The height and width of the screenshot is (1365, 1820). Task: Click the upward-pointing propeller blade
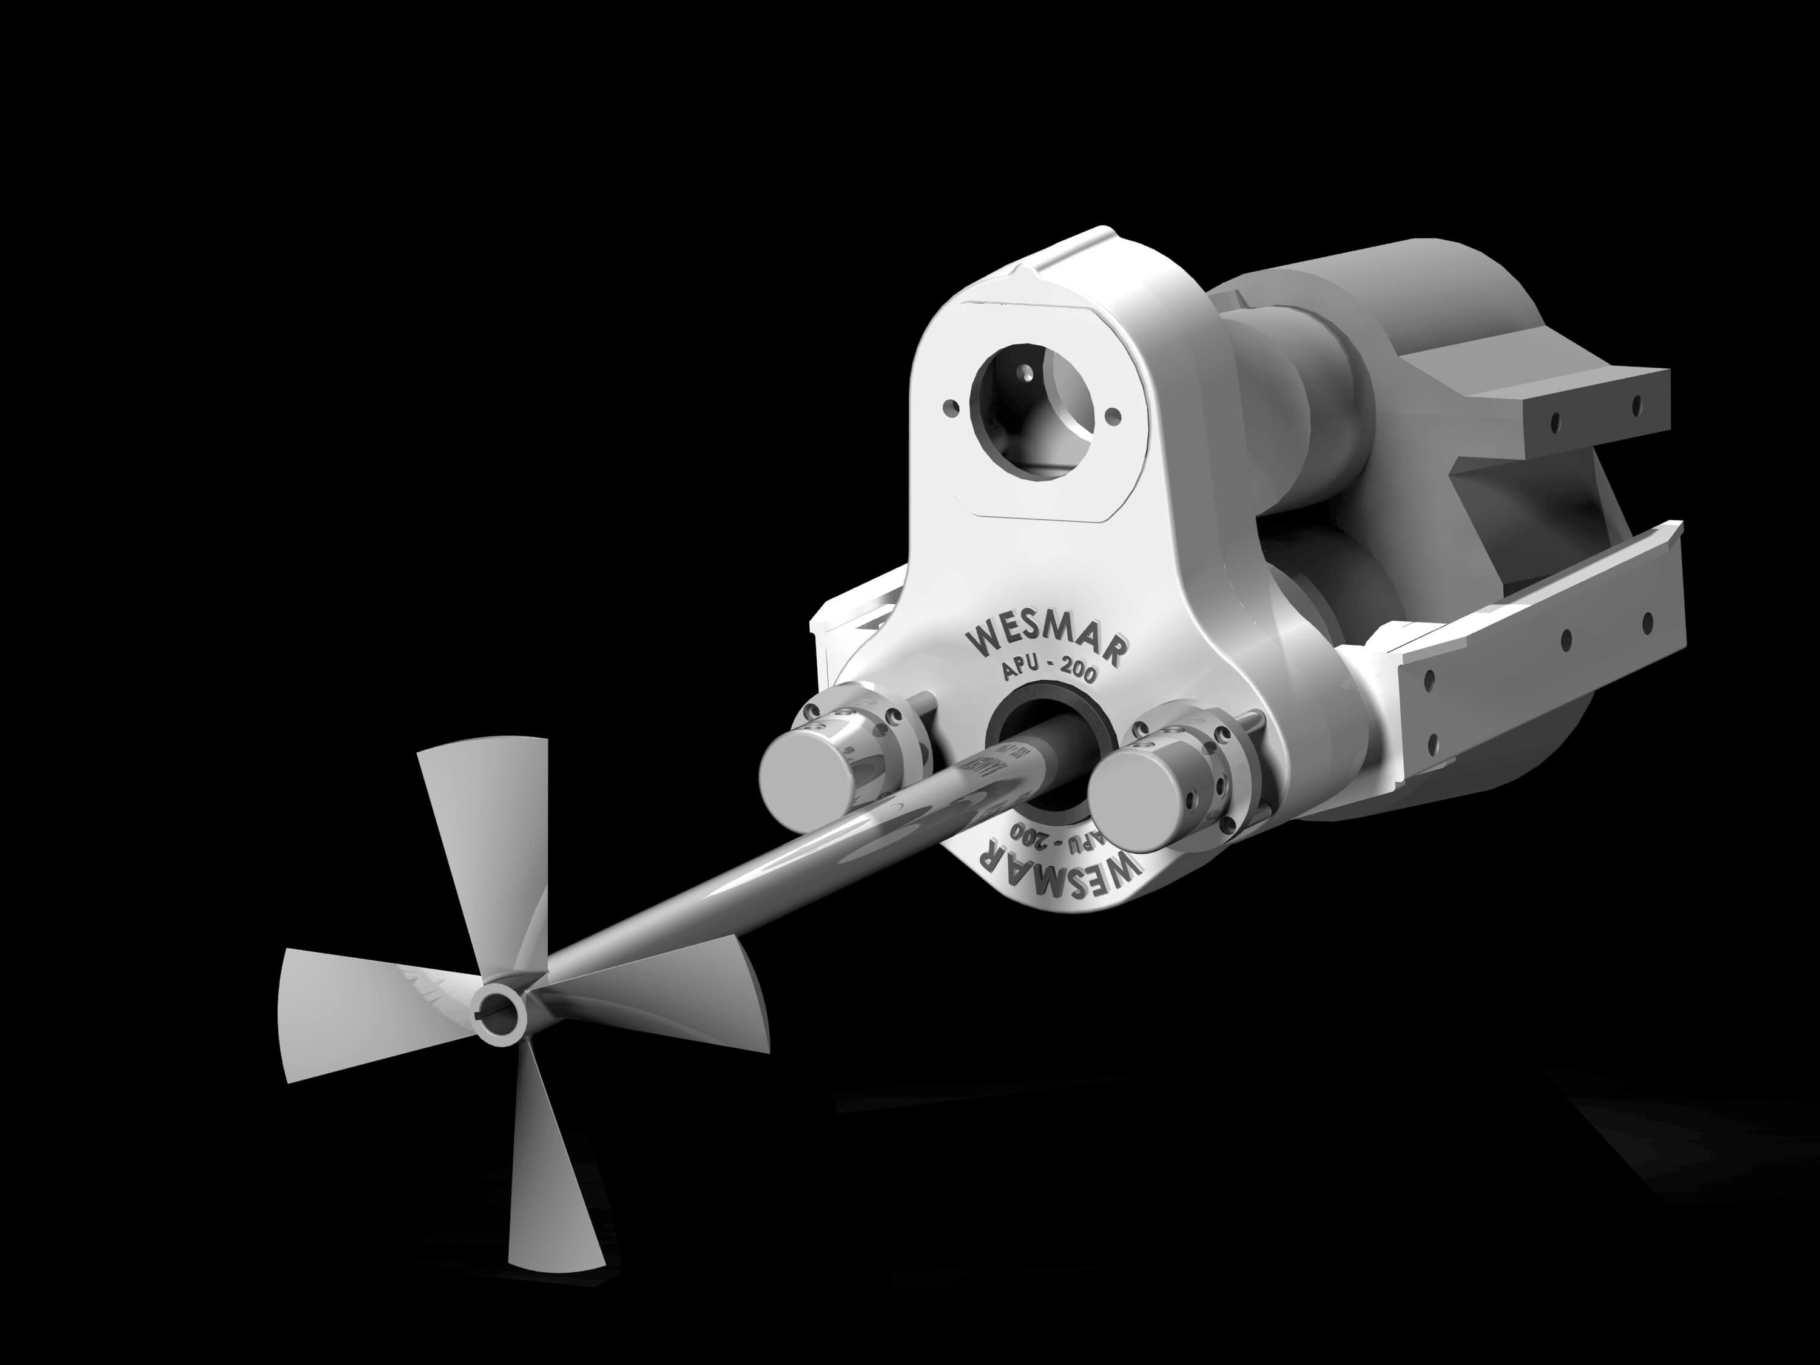point(485,831)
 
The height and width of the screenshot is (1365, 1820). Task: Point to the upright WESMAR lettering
point(1045,639)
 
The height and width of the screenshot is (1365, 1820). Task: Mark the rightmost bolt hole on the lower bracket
point(1647,623)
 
